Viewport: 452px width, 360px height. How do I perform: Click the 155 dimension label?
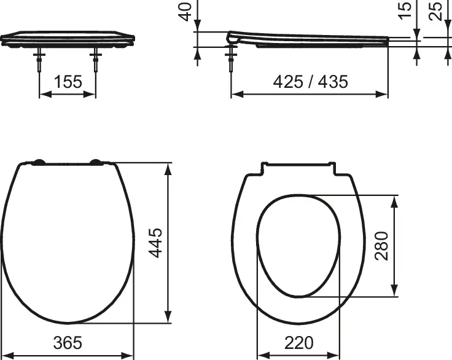click(68, 81)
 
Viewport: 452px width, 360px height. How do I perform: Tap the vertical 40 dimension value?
click(186, 10)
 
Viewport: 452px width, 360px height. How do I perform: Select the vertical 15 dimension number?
click(405, 10)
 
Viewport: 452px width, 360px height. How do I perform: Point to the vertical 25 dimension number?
click(436, 10)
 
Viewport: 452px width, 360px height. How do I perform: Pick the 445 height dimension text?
click(156, 243)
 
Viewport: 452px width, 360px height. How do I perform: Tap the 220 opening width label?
click(298, 342)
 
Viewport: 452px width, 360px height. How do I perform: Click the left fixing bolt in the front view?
click(39, 60)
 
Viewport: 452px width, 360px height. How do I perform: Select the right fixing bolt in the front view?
click(96, 60)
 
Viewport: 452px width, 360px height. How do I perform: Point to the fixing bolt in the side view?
click(232, 60)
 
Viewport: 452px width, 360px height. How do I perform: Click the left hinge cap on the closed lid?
click(38, 163)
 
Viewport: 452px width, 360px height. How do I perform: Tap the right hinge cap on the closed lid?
click(97, 163)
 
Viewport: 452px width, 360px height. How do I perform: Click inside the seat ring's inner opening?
click(298, 246)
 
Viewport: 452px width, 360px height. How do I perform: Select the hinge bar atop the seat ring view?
click(298, 165)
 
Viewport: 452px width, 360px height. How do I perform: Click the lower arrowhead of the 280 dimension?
click(395, 291)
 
